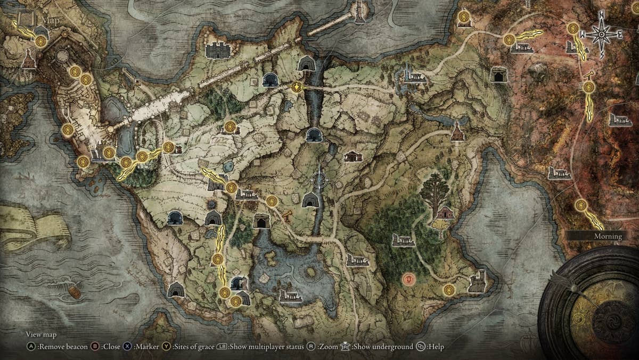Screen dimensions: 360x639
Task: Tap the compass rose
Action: click(602, 34)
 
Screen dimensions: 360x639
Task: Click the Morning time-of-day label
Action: click(608, 236)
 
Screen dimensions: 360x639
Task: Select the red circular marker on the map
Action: click(408, 278)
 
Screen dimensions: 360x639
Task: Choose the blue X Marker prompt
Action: click(138, 347)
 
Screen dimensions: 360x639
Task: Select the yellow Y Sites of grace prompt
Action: click(183, 347)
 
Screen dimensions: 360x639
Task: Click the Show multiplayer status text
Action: click(266, 347)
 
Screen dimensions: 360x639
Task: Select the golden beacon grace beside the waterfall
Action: click(297, 87)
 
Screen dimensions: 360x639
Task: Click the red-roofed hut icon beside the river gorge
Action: click(353, 156)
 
